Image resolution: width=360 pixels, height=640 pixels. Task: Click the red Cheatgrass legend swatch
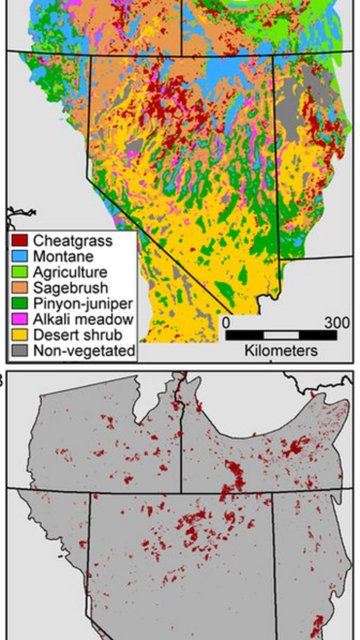pos(19,240)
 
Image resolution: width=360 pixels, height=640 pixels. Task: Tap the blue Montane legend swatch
pos(19,256)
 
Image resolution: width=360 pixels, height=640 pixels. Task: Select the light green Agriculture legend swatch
pos(19,272)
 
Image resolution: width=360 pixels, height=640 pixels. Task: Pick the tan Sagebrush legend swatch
pos(19,288)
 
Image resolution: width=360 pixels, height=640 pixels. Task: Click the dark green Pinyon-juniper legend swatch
pos(19,303)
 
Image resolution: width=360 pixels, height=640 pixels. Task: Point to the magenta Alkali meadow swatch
pos(19,319)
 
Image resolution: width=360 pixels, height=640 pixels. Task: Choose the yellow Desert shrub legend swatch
pos(19,335)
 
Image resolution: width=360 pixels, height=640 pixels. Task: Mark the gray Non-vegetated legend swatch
pos(19,351)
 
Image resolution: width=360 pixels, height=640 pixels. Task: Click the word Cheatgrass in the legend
pos(73,241)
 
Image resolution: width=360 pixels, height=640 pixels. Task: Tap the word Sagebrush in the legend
pos(70,288)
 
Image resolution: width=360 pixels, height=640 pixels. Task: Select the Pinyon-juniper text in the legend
pos(83,304)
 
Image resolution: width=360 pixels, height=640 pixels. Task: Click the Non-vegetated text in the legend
pos(84,351)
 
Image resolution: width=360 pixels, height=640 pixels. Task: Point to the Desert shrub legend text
pos(77,335)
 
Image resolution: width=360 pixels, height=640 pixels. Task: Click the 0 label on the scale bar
pos(226,323)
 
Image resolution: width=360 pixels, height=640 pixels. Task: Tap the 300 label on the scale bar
pos(337,323)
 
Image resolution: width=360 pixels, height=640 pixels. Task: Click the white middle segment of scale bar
pos(281,336)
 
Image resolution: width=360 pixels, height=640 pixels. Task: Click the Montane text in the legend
pos(63,257)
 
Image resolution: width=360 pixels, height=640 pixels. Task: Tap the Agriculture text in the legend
pos(70,272)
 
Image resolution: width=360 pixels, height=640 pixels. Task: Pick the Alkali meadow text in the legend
pos(83,319)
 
